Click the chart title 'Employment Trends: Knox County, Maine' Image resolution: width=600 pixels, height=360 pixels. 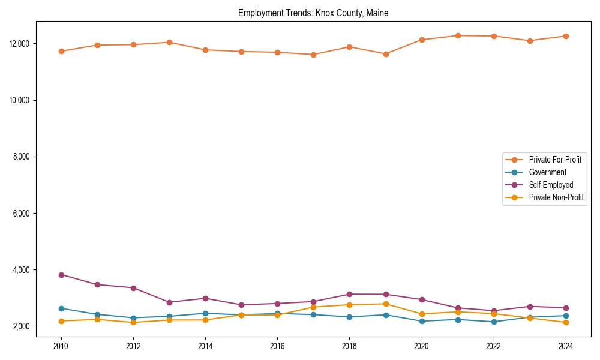tap(313, 13)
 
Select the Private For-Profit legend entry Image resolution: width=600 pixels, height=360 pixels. tap(551, 160)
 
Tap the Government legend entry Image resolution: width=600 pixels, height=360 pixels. tap(547, 172)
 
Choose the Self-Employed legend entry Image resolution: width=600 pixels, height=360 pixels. tap(551, 185)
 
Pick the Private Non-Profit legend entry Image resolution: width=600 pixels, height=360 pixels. tap(556, 197)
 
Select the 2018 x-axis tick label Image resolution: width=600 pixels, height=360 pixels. tap(350, 346)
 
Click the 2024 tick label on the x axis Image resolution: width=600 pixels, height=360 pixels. tap(566, 346)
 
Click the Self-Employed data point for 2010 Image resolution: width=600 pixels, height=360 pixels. tap(61, 275)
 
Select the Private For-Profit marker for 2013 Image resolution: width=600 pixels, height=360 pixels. tap(169, 42)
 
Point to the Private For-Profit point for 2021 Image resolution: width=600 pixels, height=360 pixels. tap(458, 35)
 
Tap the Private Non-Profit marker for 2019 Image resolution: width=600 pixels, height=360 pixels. tap(386, 304)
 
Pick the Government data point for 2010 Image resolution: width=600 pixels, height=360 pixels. tap(61, 308)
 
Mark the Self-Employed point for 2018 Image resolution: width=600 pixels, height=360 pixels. tap(350, 294)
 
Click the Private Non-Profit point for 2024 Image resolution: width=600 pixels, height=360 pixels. tap(566, 323)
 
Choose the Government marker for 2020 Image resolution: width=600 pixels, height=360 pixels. tap(422, 321)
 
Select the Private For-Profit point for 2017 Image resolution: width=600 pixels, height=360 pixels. tap(314, 55)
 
